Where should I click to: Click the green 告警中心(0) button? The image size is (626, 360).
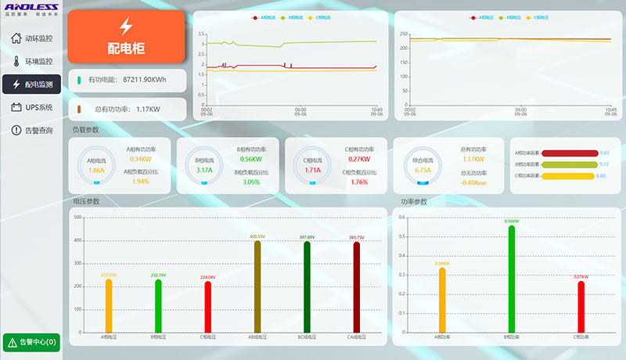point(31,342)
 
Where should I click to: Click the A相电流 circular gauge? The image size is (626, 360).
point(96,165)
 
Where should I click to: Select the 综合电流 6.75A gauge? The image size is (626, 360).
point(422,165)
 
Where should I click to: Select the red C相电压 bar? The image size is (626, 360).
point(207,307)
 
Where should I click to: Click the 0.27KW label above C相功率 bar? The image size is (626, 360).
point(581,277)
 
